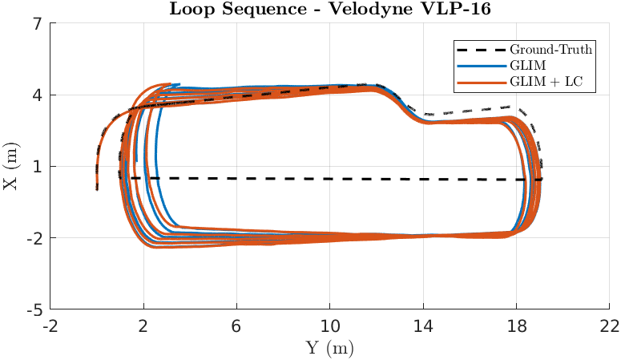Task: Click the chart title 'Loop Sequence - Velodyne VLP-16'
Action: click(x=330, y=9)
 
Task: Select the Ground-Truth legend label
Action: click(x=550, y=50)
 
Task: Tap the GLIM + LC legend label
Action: click(x=546, y=82)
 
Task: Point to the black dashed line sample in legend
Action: click(x=482, y=50)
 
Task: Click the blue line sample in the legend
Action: click(x=482, y=67)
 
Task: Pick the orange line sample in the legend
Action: click(x=482, y=83)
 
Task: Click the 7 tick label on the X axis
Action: click(x=37, y=24)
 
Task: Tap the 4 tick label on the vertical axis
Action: click(x=37, y=95)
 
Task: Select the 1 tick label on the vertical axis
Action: click(x=37, y=167)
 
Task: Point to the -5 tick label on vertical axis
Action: click(x=34, y=310)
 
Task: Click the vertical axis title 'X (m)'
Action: click(x=10, y=166)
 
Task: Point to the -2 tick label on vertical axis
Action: click(x=34, y=239)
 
